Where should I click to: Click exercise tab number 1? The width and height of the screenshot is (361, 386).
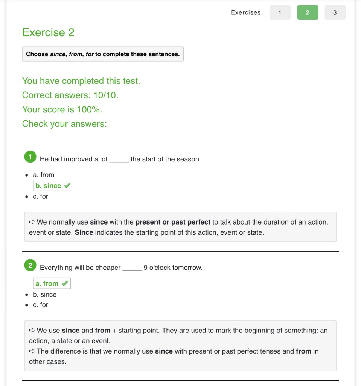click(280, 12)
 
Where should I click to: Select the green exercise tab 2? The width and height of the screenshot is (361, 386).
click(307, 12)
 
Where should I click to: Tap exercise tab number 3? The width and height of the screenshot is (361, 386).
click(335, 12)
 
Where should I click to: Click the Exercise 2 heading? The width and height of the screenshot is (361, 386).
click(48, 32)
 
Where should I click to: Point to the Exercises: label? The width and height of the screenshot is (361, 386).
click(247, 12)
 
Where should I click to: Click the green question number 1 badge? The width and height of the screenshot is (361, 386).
click(30, 157)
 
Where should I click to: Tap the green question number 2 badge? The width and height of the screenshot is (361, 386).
click(30, 265)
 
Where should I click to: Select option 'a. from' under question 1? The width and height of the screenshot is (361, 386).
click(43, 175)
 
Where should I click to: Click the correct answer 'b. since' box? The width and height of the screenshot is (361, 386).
click(53, 186)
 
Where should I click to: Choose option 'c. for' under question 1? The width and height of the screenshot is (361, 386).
click(40, 197)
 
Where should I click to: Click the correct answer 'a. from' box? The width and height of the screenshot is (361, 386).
click(51, 283)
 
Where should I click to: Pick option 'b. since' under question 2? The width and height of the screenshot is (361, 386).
click(44, 294)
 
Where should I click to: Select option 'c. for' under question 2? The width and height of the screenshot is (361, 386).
click(40, 305)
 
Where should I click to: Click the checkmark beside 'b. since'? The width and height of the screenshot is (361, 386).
click(67, 186)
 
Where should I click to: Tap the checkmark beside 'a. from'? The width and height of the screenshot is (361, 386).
click(64, 283)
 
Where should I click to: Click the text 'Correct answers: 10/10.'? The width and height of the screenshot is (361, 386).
click(70, 95)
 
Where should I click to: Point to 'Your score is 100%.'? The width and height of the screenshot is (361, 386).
click(62, 109)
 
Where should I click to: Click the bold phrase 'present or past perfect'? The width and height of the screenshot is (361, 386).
click(173, 222)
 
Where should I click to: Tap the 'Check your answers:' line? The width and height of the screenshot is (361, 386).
click(64, 124)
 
